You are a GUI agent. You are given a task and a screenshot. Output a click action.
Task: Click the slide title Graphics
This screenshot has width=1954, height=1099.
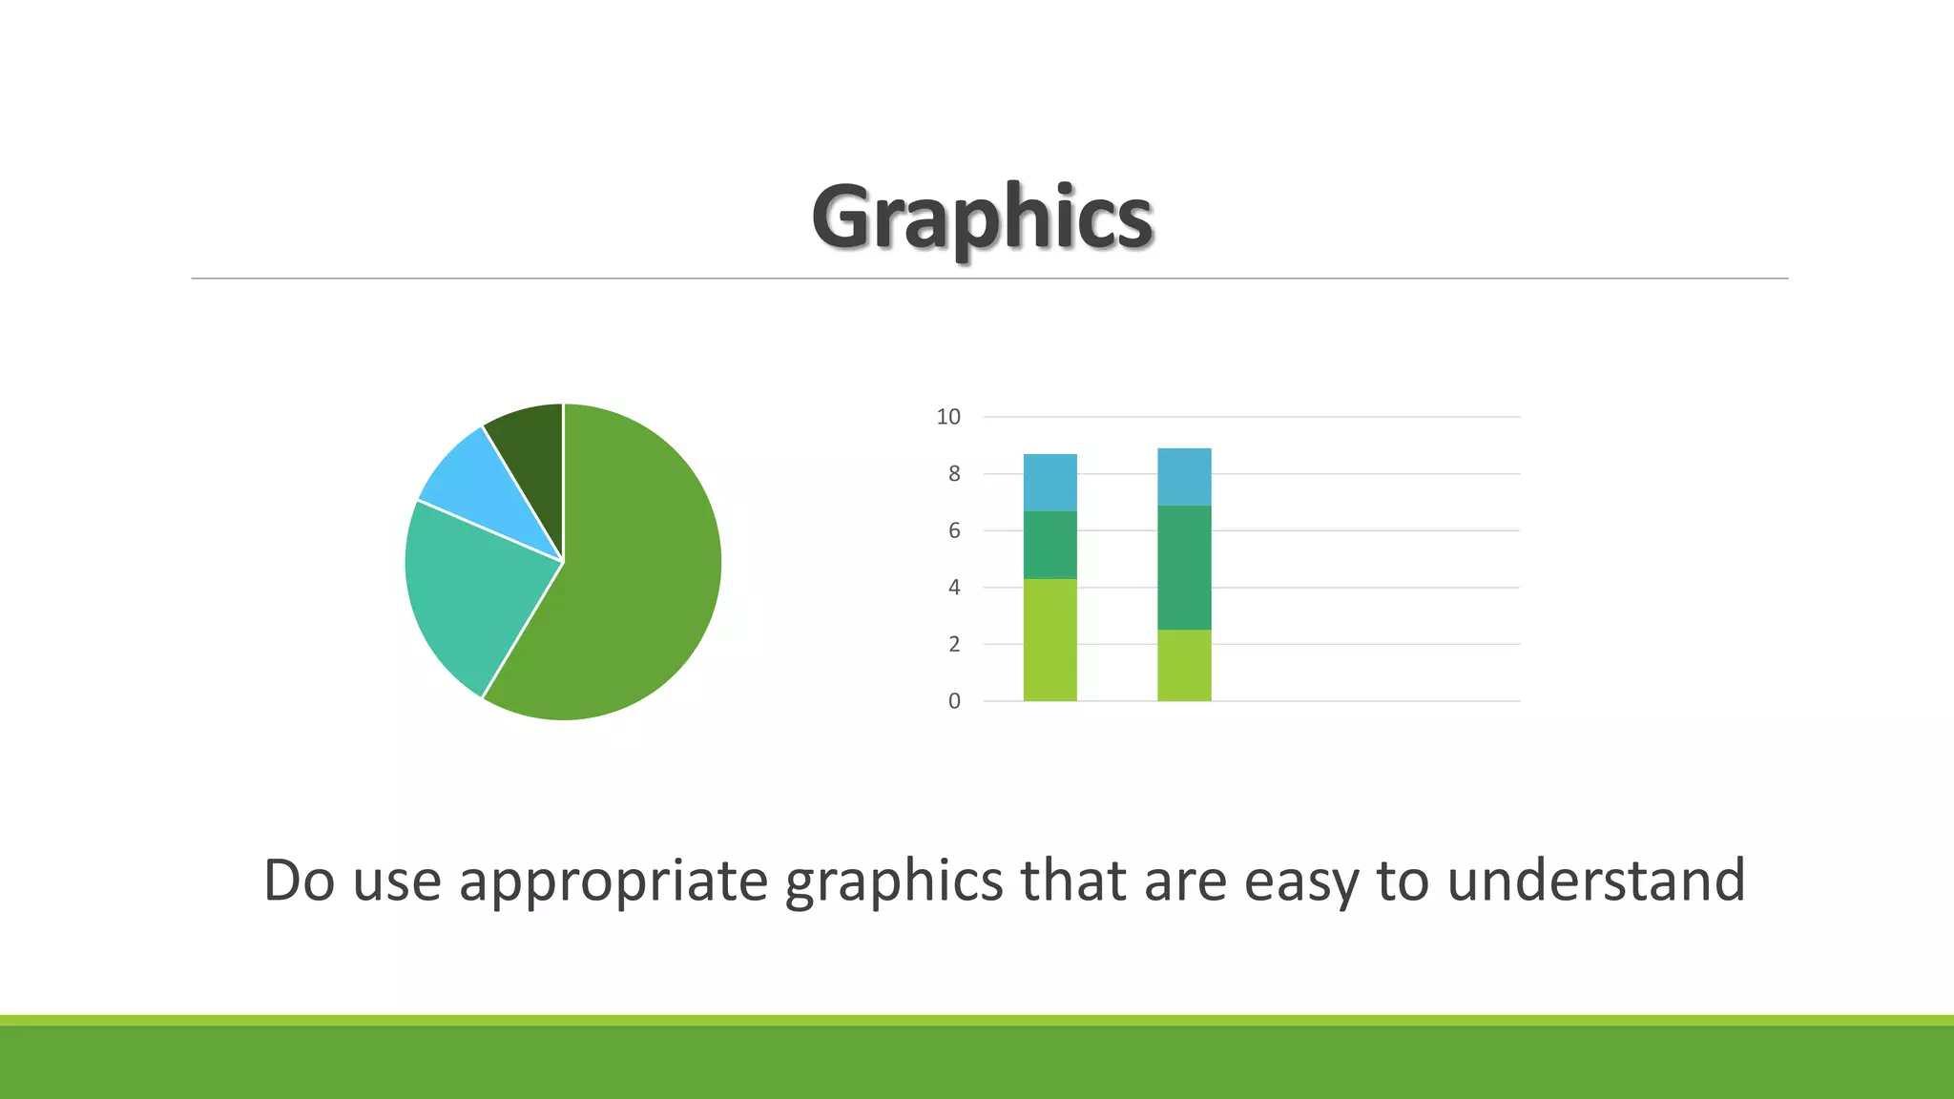click(982, 218)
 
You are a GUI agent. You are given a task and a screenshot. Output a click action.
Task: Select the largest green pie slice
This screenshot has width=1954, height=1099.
click(630, 582)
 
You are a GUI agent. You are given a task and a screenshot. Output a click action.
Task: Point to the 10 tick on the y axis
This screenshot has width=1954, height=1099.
click(948, 417)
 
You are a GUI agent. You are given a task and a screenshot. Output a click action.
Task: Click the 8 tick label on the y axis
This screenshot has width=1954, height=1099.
click(954, 474)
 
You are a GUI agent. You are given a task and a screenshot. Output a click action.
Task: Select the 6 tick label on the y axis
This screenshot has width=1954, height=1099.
click(954, 530)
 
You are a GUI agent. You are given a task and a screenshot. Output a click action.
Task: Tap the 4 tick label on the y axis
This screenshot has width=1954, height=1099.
click(954, 588)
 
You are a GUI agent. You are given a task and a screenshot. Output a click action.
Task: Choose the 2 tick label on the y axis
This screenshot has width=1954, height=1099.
click(954, 644)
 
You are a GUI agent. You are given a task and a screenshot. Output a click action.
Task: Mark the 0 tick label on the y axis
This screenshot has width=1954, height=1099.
click(954, 701)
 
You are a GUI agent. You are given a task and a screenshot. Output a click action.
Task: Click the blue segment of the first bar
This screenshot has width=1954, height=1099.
click(1050, 483)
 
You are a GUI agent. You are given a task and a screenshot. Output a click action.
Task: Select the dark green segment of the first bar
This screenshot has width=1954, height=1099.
click(1050, 545)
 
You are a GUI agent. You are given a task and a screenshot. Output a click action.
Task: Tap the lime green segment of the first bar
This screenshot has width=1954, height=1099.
click(1050, 640)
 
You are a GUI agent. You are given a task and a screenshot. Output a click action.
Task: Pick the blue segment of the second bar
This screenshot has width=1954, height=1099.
click(1184, 477)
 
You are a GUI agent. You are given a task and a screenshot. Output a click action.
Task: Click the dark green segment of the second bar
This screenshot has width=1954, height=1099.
click(1184, 568)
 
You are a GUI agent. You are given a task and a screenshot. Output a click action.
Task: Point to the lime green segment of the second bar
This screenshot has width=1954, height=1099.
click(1184, 665)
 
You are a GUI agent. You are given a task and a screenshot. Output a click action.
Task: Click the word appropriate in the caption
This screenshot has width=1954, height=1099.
click(613, 881)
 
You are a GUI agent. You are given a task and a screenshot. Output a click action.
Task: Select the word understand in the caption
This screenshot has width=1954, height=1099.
click(1596, 880)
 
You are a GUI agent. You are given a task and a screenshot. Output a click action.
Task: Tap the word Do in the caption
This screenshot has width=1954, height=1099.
click(299, 880)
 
